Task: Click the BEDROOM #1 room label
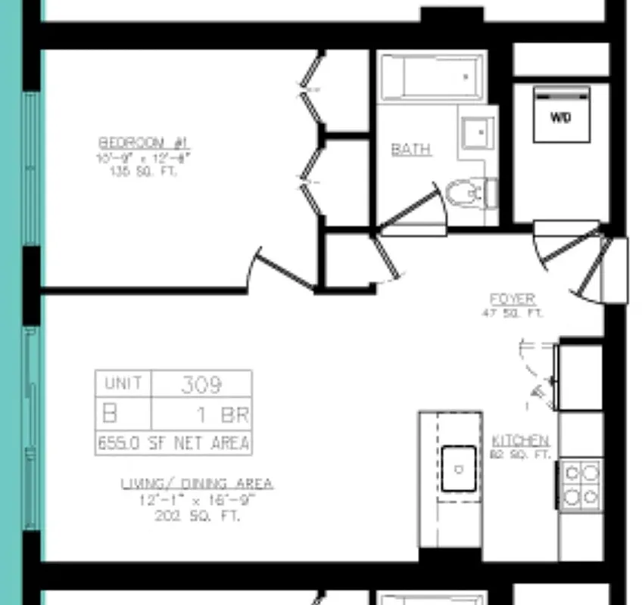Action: [145, 143]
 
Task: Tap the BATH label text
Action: [411, 150]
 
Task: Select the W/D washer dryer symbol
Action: [561, 116]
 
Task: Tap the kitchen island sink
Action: [459, 469]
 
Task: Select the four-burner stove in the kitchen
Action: [581, 485]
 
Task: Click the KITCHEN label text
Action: [521, 441]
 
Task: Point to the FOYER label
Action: [513, 299]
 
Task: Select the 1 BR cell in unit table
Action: [224, 415]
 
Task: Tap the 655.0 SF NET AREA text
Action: [173, 443]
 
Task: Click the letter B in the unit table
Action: [111, 414]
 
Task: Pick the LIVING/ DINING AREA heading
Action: [197, 484]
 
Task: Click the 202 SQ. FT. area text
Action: [197, 517]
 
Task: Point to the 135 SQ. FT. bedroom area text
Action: [145, 171]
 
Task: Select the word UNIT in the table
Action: [123, 383]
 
